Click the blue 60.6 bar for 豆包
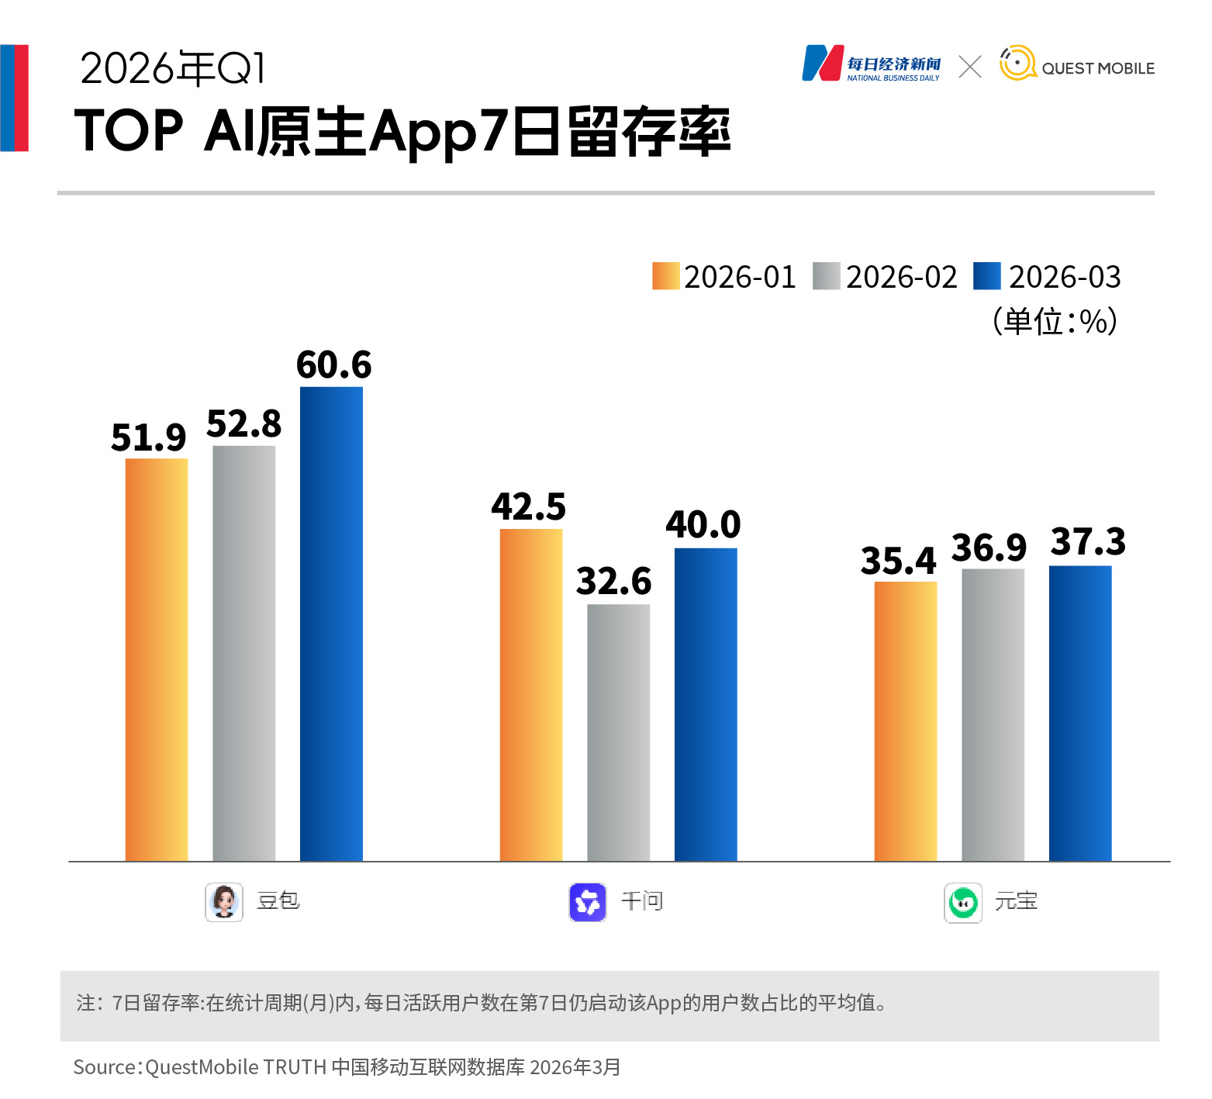(331, 624)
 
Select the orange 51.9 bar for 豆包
(157, 659)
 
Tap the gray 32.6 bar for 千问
(618, 732)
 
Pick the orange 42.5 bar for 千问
(531, 694)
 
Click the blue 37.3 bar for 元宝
(1080, 713)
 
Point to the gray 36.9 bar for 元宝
(993, 714)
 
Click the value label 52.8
(243, 424)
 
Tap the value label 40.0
(703, 525)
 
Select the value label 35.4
(898, 561)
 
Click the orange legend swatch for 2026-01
(665, 276)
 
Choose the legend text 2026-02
(902, 277)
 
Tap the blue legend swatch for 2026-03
(987, 276)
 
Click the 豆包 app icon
(224, 902)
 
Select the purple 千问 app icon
(588, 902)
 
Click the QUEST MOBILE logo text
(1098, 68)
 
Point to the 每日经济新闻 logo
(871, 64)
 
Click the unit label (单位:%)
(1055, 321)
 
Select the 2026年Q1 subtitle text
(173, 69)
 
